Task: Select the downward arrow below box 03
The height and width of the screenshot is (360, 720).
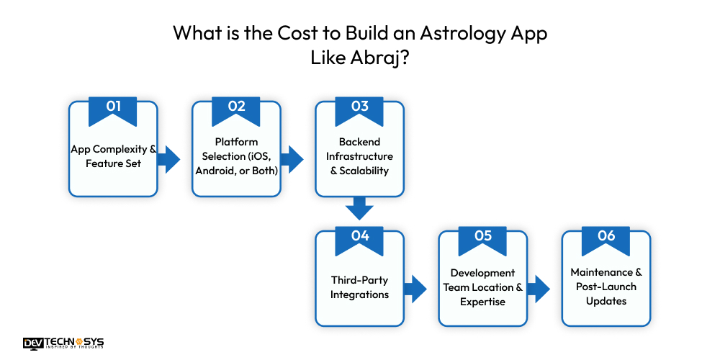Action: point(359,209)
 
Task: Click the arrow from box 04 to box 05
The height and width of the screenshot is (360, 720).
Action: point(415,289)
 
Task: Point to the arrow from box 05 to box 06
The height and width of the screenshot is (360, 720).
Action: point(539,289)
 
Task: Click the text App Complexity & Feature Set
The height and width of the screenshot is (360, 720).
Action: point(113,156)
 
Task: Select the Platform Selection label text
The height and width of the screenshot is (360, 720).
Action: point(236,156)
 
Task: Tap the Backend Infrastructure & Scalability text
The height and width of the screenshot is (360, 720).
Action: point(359,156)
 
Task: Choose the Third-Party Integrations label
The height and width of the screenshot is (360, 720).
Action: point(359,287)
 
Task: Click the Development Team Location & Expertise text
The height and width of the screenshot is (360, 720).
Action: point(482,287)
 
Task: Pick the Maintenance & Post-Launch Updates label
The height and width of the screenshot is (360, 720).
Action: point(606,286)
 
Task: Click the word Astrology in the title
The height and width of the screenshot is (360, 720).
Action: point(453,34)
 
